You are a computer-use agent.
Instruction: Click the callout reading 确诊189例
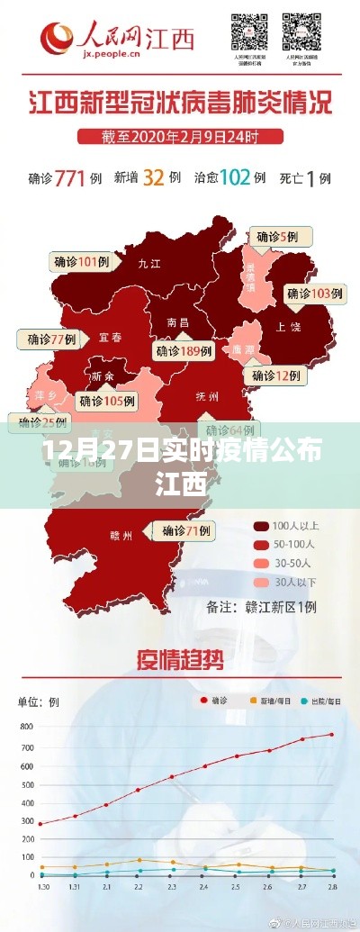pyautogui.click(x=184, y=350)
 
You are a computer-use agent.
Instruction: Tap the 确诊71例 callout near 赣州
pyautogui.click(x=187, y=531)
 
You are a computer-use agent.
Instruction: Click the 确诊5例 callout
pyautogui.click(x=282, y=237)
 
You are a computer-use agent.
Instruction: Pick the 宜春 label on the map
pyautogui.click(x=110, y=338)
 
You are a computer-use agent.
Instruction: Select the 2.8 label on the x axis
pyautogui.click(x=331, y=888)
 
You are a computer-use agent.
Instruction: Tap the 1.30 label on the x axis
pyautogui.click(x=40, y=888)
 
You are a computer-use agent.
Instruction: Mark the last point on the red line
pyautogui.click(x=331, y=735)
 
